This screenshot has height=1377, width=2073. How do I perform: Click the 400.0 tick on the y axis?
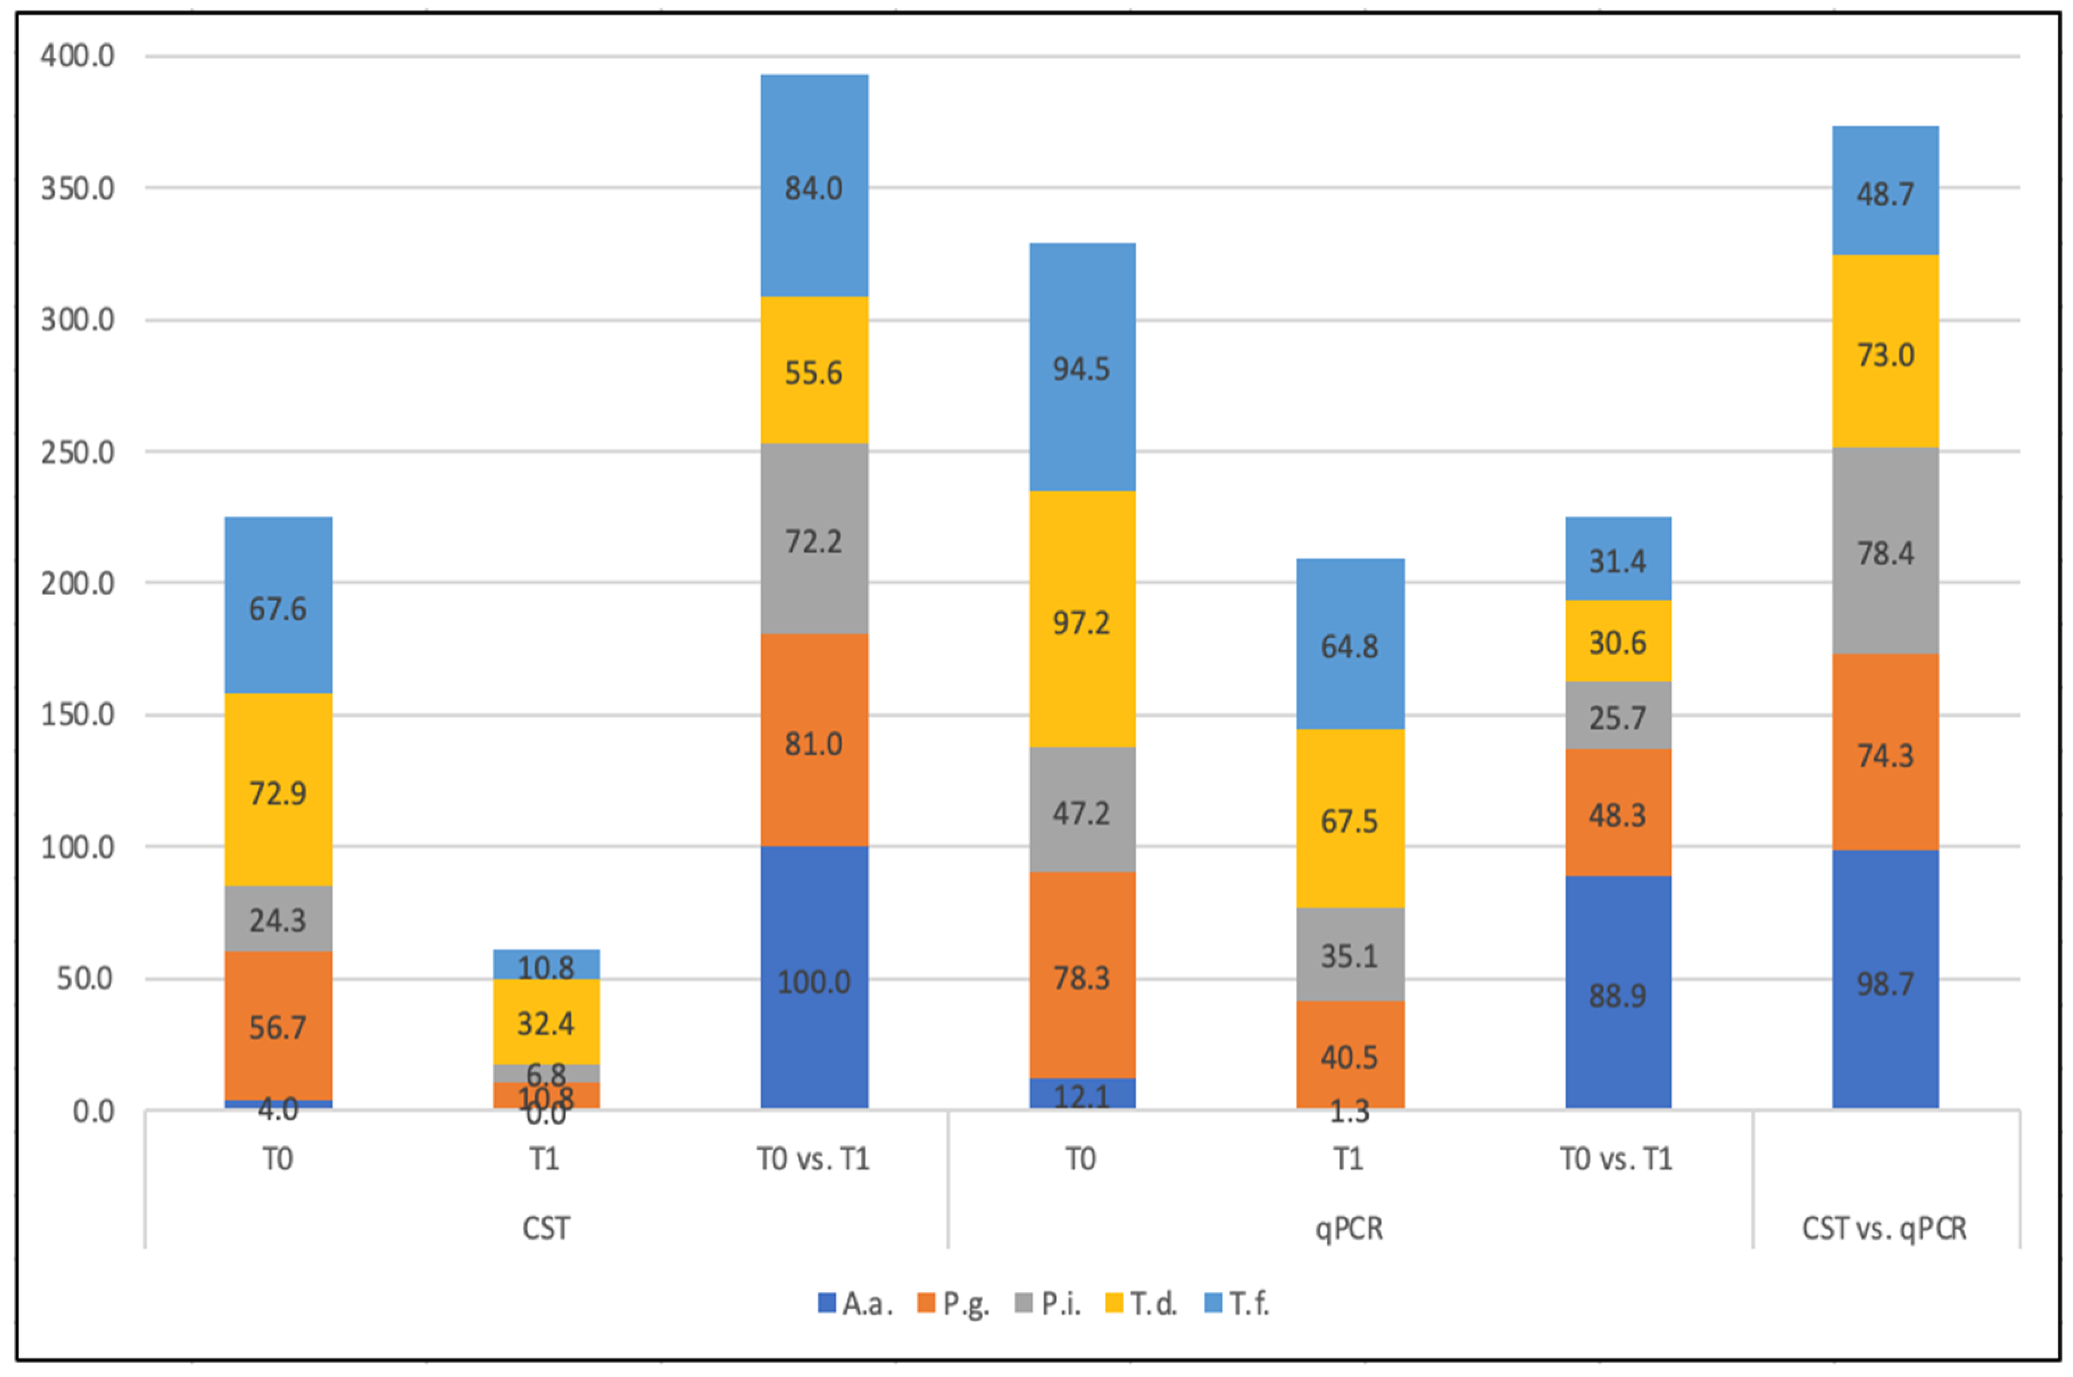tap(77, 56)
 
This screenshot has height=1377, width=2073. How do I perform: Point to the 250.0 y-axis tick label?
tap(77, 452)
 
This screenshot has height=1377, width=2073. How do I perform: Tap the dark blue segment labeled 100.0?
tap(814, 977)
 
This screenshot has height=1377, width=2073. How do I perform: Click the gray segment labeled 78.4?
tap(1885, 551)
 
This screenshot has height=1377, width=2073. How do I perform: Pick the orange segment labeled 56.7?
tap(278, 1025)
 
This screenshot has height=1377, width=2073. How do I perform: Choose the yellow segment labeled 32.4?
tap(545, 1022)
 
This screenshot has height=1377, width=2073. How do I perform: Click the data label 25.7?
tap(1617, 717)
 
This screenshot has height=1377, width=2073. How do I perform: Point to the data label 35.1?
tap(1350, 955)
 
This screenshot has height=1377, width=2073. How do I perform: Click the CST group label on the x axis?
tap(545, 1228)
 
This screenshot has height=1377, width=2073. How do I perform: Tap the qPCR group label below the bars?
tap(1349, 1228)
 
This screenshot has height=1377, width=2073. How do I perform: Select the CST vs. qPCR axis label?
tap(1884, 1228)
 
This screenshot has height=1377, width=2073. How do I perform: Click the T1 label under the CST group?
tap(545, 1159)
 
